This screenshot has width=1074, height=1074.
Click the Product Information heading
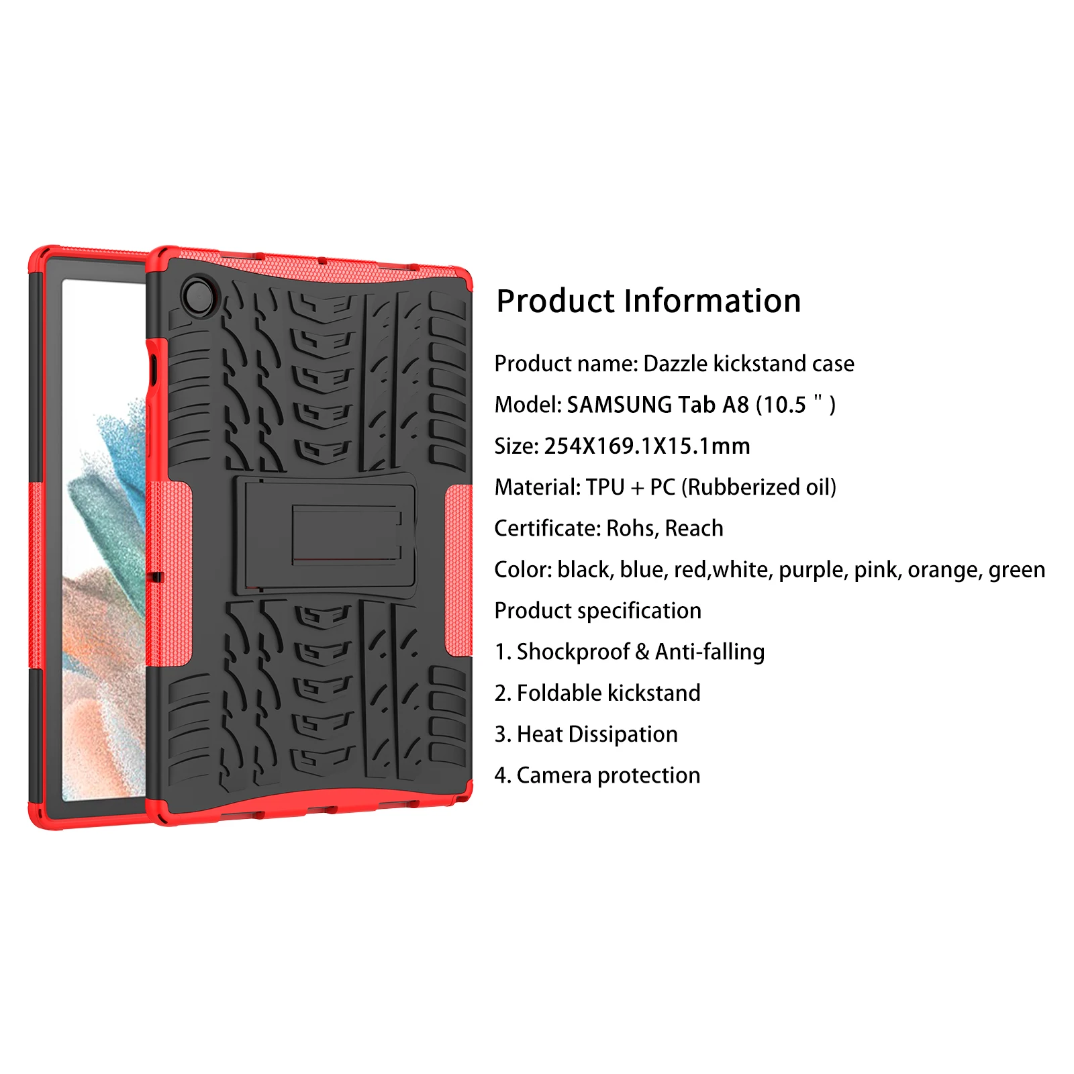(x=648, y=301)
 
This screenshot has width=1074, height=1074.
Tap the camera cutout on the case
(x=198, y=296)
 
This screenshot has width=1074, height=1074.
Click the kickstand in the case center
(x=326, y=533)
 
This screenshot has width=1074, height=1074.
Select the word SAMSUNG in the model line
(x=619, y=405)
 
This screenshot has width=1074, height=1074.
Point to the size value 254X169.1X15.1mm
(x=646, y=446)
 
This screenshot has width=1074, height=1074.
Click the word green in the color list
(x=1016, y=571)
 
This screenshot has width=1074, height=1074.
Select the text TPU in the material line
(x=605, y=487)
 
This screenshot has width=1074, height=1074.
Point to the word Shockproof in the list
(x=573, y=652)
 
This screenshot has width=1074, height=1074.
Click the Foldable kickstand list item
(x=608, y=693)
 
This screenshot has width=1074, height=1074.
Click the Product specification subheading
(x=597, y=611)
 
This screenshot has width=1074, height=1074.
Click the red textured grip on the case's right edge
(x=458, y=571)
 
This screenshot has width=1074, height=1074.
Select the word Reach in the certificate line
(x=694, y=529)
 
